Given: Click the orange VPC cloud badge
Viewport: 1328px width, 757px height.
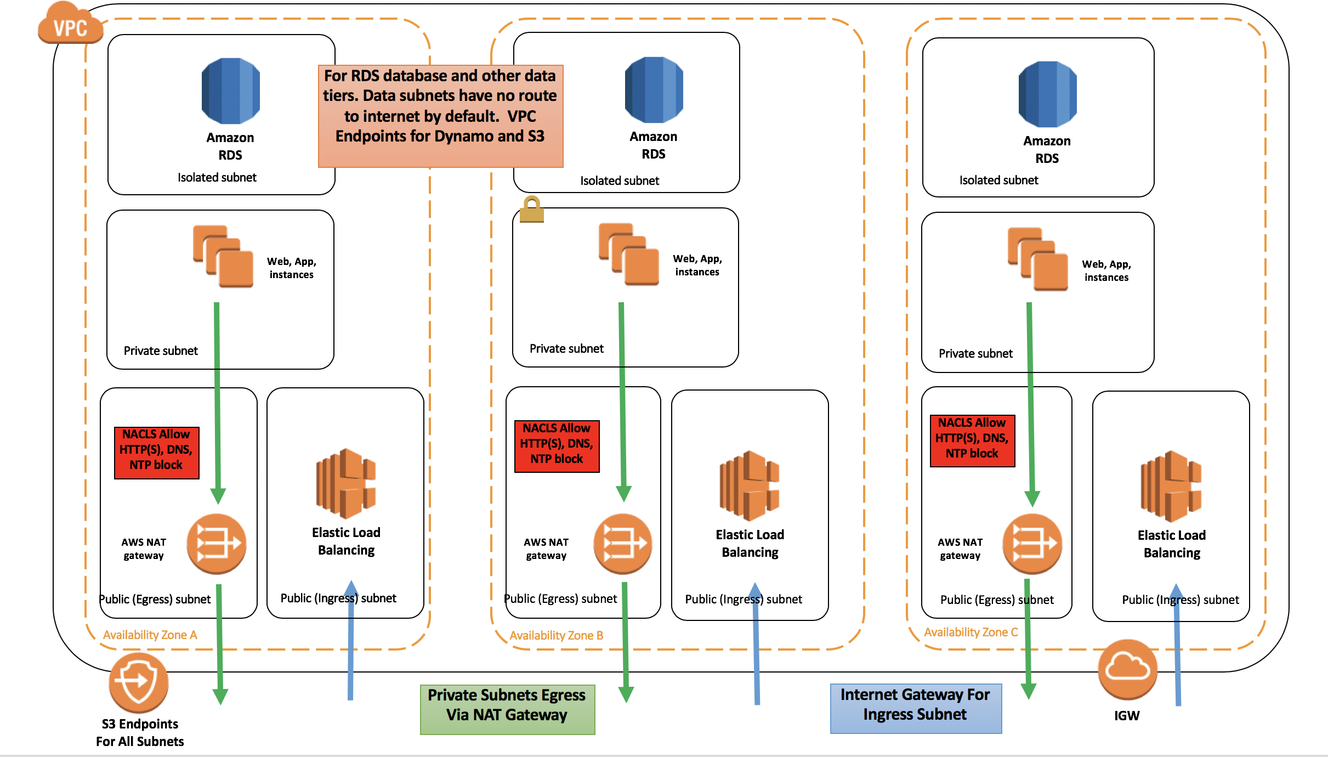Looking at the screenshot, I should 70,25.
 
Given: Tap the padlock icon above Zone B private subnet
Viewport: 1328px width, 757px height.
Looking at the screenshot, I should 531,209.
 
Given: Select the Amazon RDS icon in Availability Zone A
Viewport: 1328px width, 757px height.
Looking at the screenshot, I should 230,91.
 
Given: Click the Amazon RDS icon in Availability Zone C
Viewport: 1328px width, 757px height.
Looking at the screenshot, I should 1047,94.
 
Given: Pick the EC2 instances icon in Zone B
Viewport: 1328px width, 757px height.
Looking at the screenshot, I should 628,254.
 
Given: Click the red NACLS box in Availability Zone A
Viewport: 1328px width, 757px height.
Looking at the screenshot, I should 156,453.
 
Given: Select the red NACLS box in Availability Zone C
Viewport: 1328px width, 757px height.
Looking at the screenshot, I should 972,441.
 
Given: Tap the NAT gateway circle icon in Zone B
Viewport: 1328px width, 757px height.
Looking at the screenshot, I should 623,544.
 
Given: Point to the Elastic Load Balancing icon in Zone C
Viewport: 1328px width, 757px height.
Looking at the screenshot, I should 1171,486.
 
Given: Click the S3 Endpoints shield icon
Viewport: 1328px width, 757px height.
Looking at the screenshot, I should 138,682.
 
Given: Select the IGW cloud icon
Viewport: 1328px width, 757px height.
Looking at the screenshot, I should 1127,669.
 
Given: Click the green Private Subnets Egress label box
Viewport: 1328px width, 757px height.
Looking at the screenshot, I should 507,709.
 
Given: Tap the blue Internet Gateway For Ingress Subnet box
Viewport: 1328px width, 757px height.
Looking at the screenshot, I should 916,708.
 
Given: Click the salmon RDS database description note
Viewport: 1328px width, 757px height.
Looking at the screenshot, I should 440,116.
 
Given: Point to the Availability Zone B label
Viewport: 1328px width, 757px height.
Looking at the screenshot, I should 556,635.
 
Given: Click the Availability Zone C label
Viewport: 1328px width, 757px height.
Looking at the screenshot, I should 971,632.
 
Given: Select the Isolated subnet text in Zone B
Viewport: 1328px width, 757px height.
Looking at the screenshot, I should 620,180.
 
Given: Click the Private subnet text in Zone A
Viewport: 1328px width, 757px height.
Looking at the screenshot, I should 161,351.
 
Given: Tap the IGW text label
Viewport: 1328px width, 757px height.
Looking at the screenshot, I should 1127,715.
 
